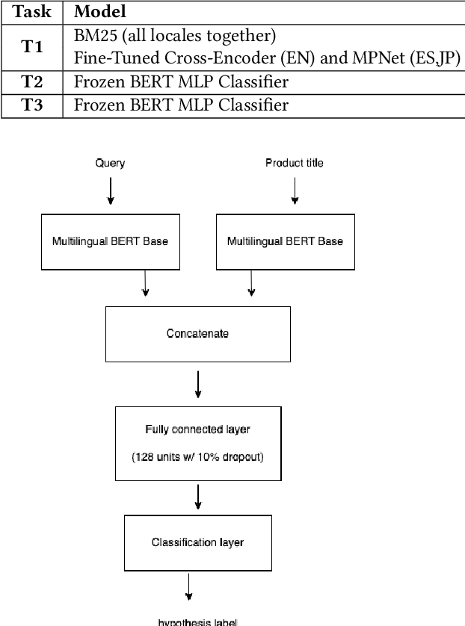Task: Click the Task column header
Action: click(x=31, y=12)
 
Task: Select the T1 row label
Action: click(x=31, y=47)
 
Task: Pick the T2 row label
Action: click(x=31, y=82)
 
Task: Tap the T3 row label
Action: click(x=31, y=105)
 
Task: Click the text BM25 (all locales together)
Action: click(x=175, y=36)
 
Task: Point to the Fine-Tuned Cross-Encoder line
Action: click(x=267, y=59)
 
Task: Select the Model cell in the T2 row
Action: click(x=181, y=82)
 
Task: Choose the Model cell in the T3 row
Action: click(x=181, y=105)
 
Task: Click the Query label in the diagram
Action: click(x=110, y=163)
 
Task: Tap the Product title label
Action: click(x=294, y=163)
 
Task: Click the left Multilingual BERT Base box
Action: click(x=110, y=241)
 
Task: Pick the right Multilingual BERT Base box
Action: click(x=285, y=241)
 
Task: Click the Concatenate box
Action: click(x=197, y=333)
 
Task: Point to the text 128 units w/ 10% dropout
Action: click(x=197, y=456)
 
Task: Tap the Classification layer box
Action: click(x=197, y=542)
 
